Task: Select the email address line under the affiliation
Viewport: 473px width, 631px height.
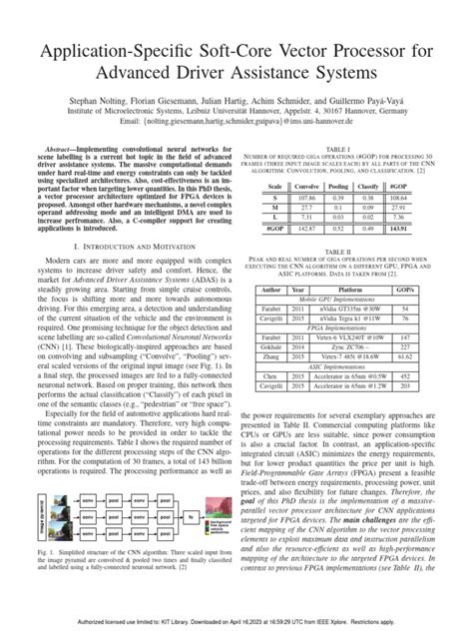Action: click(x=236, y=128)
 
